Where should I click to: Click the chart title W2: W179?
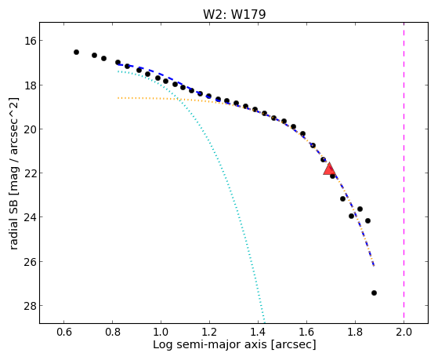pos(234,14)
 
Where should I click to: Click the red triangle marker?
pos(329,169)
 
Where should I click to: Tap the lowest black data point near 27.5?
pos(374,293)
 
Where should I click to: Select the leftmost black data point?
pos(76,52)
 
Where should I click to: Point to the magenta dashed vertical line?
pos(404,173)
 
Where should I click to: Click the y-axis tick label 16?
pos(31,41)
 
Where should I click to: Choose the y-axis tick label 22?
pos(31,173)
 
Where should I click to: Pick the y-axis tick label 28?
pos(31,305)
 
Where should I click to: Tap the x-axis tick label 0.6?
pos(64,332)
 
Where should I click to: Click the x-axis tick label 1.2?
pos(209,332)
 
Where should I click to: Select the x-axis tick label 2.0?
pos(404,332)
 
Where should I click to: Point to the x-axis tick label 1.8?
pos(355,332)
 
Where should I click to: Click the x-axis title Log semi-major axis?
pos(210,344)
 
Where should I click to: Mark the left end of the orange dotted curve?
pos(118,98)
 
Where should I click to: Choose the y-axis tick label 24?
pos(31,217)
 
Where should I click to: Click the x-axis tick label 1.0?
pos(161,332)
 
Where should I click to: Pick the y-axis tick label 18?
pos(31,85)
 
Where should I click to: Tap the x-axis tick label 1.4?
pos(258,332)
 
